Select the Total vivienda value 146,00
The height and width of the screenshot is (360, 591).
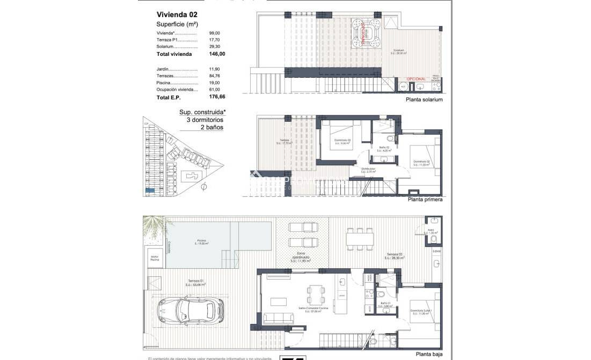[x=217, y=54]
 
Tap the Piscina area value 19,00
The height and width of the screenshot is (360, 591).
[x=214, y=83]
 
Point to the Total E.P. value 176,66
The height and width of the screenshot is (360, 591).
[x=217, y=98]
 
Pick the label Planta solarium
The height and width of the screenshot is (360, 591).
[x=424, y=100]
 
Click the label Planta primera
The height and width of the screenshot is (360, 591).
[x=425, y=200]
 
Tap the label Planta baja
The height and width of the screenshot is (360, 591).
[x=429, y=354]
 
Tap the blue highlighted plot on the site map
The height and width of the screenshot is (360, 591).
[x=150, y=190]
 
